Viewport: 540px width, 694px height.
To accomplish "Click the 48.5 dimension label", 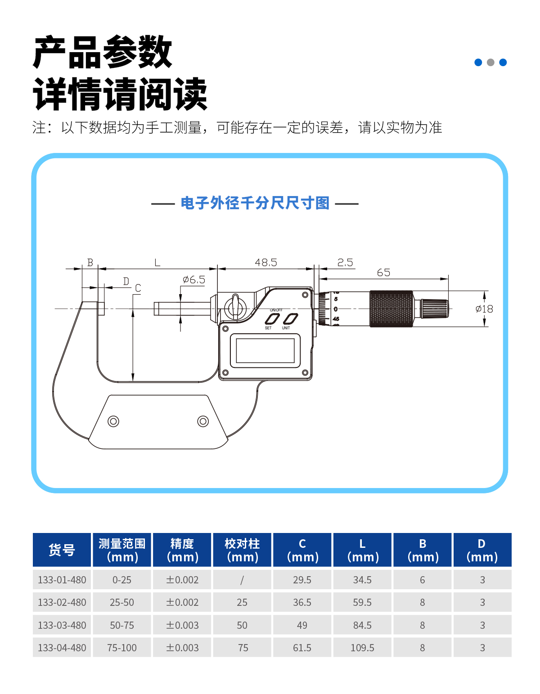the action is click(x=266, y=263).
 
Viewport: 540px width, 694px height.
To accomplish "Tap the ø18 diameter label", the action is click(x=484, y=309).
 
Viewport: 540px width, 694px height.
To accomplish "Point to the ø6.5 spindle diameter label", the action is click(x=194, y=280).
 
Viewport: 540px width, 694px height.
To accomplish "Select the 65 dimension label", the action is click(x=383, y=273).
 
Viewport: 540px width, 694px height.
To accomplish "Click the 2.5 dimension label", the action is click(x=345, y=263).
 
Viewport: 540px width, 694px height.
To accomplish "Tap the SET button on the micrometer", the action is click(x=272, y=319).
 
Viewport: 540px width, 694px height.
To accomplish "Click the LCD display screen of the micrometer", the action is click(x=265, y=351).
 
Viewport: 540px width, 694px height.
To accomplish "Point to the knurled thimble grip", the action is click(x=391, y=309).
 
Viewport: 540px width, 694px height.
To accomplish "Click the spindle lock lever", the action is click(x=235, y=307).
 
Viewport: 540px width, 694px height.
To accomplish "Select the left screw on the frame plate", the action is click(x=113, y=421).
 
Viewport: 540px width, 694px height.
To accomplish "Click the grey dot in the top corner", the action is click(x=490, y=62).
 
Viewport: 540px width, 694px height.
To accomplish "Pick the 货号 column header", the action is click(x=62, y=550).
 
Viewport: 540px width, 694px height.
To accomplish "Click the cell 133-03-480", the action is click(x=62, y=625).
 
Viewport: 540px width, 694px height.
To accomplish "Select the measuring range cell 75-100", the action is click(x=122, y=648).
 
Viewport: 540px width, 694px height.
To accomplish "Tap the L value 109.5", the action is click(x=362, y=648).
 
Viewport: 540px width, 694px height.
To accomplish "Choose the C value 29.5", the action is click(x=302, y=580).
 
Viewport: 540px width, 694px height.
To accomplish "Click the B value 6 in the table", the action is click(x=423, y=580).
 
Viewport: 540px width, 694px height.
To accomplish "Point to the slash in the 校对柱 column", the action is click(x=242, y=580).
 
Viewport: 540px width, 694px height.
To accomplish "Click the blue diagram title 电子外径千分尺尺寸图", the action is click(x=255, y=203).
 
